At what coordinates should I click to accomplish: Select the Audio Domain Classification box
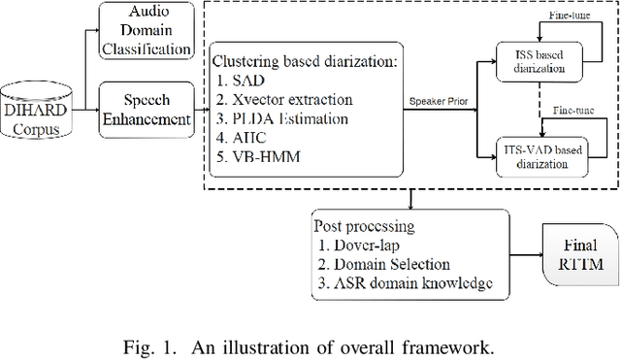(147, 30)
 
